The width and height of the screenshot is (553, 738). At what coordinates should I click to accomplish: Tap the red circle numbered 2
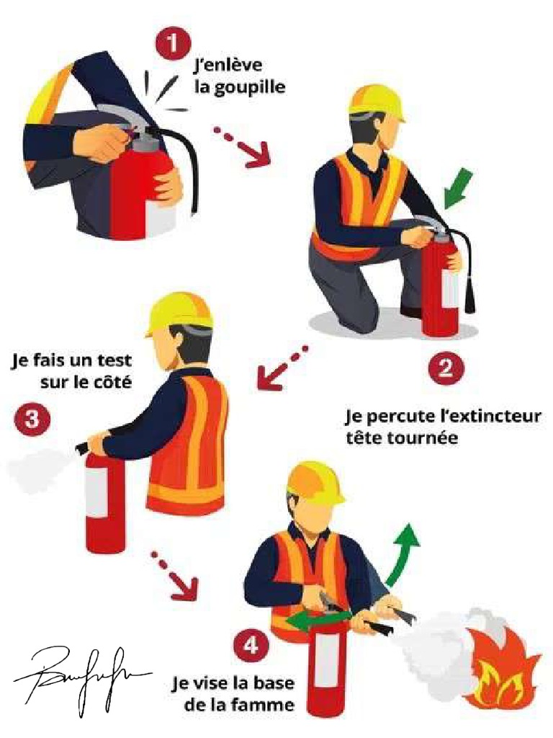click(446, 369)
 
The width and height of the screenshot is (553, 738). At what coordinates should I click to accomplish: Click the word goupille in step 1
click(240, 88)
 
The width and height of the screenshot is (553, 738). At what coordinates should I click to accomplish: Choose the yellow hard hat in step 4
click(316, 481)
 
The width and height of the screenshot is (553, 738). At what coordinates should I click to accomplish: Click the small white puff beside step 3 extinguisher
click(36, 470)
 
